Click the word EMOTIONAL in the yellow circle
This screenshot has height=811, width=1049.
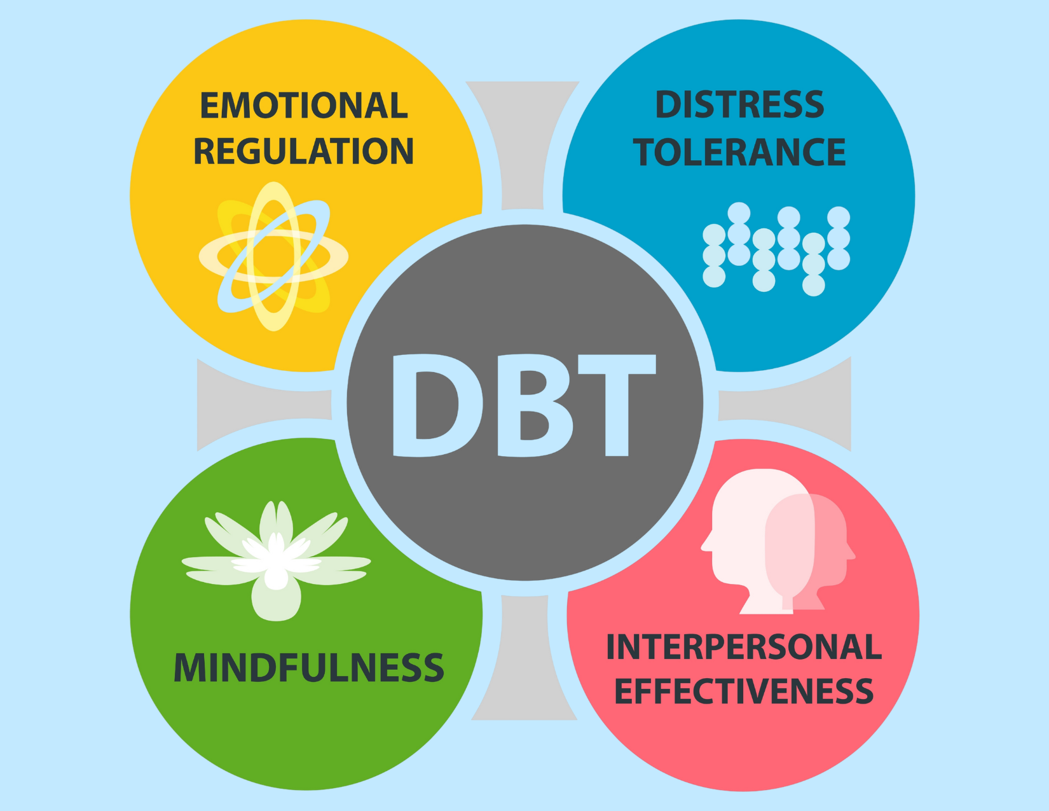coord(304,106)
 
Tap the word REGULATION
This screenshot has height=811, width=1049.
coord(304,151)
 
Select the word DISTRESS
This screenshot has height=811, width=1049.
coord(739,105)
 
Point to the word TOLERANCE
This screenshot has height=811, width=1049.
coord(739,153)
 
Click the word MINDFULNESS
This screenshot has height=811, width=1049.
coord(309,667)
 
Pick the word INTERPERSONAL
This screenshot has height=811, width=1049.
coord(744,648)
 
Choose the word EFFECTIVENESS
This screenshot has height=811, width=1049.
coord(744,691)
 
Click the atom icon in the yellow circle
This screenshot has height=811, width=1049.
coord(274,256)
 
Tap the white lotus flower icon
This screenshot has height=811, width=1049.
coord(276,560)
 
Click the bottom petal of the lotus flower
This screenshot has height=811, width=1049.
coord(276,601)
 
